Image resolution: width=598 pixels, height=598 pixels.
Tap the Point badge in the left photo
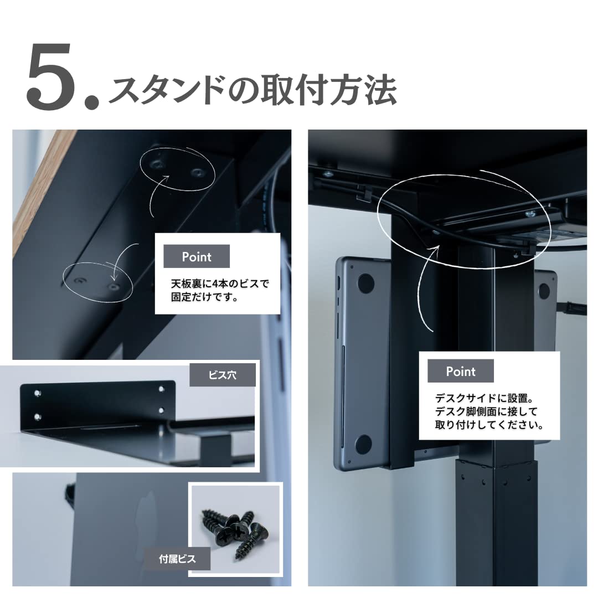197,257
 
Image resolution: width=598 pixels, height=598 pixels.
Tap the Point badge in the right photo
460,372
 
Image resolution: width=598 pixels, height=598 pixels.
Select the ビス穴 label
223,375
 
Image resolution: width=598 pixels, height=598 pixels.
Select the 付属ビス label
177,559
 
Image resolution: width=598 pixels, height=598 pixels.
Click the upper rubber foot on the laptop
365,284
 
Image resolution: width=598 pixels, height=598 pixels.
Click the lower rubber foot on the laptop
363,444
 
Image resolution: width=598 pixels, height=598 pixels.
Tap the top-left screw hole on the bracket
37,393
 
